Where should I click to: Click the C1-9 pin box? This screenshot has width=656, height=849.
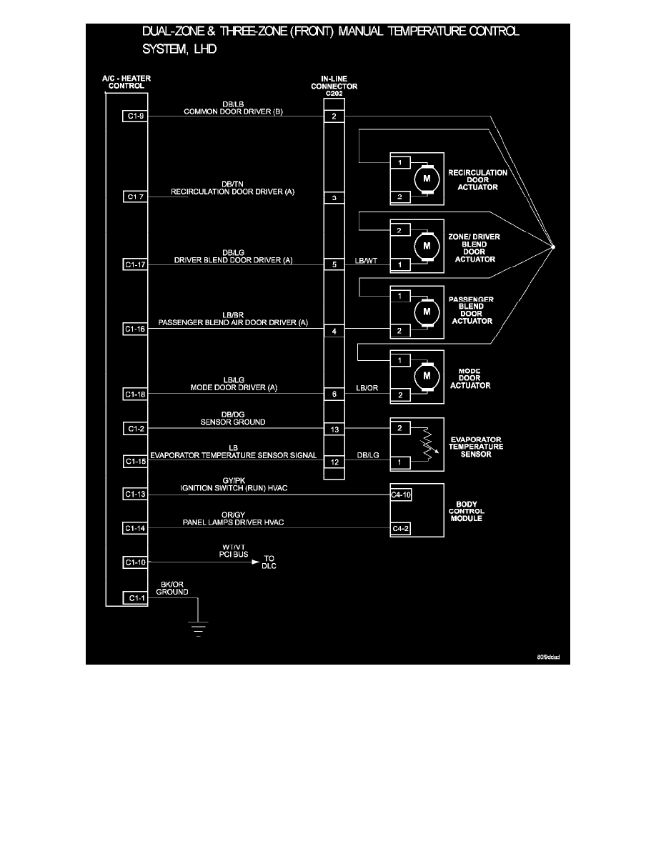(x=135, y=116)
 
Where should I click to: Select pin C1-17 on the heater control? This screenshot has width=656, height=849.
(x=135, y=264)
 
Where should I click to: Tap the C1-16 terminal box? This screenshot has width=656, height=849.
(x=135, y=329)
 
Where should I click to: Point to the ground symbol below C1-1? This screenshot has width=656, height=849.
(x=196, y=628)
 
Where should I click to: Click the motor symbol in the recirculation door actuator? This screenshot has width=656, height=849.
(x=427, y=179)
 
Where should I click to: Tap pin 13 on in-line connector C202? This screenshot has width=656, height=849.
(x=334, y=429)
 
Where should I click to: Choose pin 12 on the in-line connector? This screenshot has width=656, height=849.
(x=334, y=462)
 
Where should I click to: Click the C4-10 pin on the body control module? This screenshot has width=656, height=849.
(x=400, y=494)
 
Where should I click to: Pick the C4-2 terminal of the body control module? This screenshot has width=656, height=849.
(x=400, y=528)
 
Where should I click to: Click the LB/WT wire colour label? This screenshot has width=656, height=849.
(x=366, y=260)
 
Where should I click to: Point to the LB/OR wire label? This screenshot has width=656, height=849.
(x=366, y=389)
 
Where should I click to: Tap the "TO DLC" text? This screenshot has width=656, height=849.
(x=270, y=562)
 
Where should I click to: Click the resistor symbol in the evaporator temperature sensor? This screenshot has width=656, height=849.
(x=427, y=444)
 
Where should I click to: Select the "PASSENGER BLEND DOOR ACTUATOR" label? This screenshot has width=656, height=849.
(x=472, y=310)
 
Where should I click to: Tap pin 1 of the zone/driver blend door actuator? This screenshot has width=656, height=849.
(x=400, y=265)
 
